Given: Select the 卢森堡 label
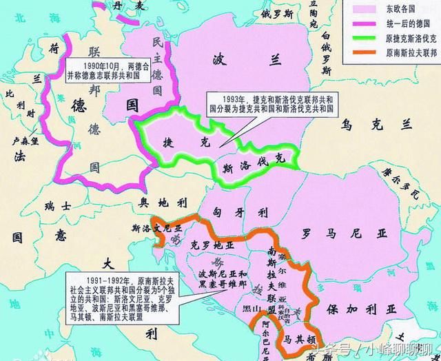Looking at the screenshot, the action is click(25, 138).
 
